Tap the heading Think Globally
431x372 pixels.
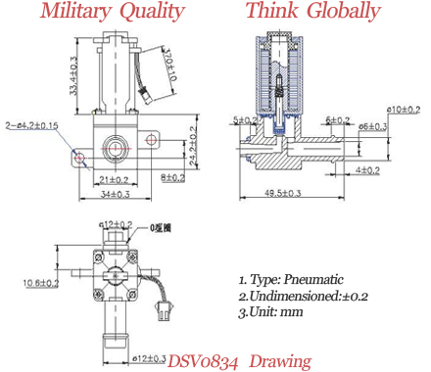312,13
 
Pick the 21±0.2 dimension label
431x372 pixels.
117,178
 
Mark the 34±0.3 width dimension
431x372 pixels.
113,194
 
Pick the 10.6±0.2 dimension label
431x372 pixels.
40,283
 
